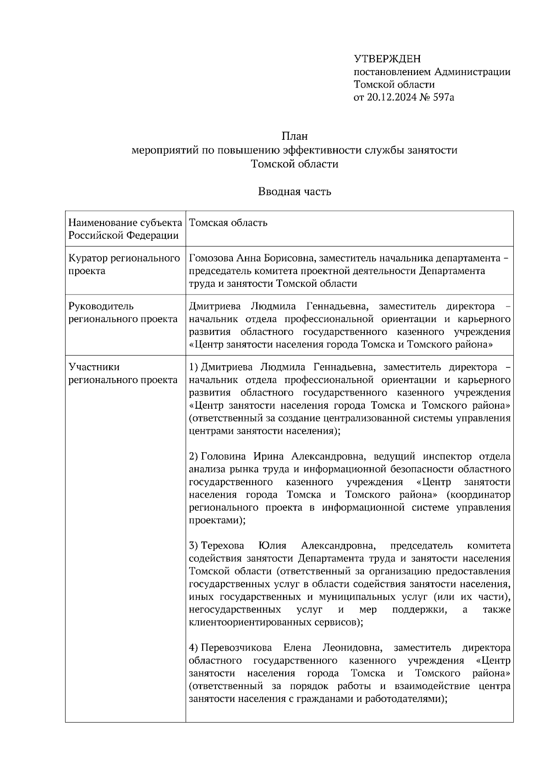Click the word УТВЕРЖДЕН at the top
pyautogui.click(x=387, y=59)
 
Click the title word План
pyautogui.click(x=294, y=136)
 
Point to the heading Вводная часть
pyautogui.click(x=294, y=192)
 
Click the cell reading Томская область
pyautogui.click(x=228, y=223)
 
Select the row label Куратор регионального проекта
pyautogui.click(x=124, y=264)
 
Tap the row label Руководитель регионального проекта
pyautogui.click(x=123, y=312)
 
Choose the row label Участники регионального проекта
pyautogui.click(x=123, y=373)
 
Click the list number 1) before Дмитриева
pyautogui.click(x=193, y=367)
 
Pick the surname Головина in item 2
pyautogui.click(x=220, y=456)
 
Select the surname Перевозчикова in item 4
pyautogui.click(x=236, y=648)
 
